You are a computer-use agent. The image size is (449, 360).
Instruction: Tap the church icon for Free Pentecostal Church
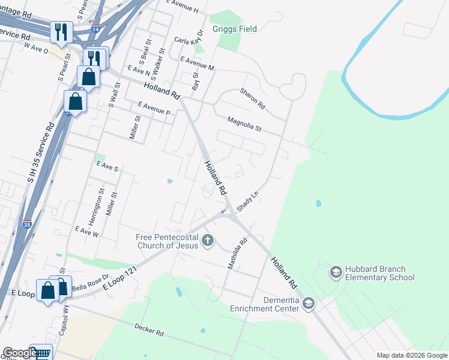208,241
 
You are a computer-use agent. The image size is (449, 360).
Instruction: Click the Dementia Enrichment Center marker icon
309,304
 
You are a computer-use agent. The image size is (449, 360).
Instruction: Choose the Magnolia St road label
244,124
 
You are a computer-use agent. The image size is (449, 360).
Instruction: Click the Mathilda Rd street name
235,254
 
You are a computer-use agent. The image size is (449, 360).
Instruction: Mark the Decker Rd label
149,331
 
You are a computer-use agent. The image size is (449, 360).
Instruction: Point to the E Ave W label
86,231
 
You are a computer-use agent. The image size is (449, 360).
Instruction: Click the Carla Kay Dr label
189,40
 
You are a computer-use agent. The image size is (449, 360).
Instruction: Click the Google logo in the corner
19,353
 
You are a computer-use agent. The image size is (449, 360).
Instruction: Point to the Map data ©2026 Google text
411,355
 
